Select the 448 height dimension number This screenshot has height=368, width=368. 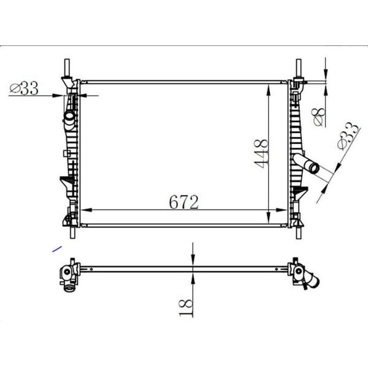click(261, 153)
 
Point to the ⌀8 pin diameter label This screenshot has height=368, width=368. click(318, 116)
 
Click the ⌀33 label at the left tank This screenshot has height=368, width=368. click(24, 89)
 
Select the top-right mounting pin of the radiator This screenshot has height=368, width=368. click(299, 67)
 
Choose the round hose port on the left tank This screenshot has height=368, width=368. click(69, 115)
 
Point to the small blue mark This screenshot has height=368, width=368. click(57, 248)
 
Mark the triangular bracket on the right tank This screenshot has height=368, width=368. click(299, 195)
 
